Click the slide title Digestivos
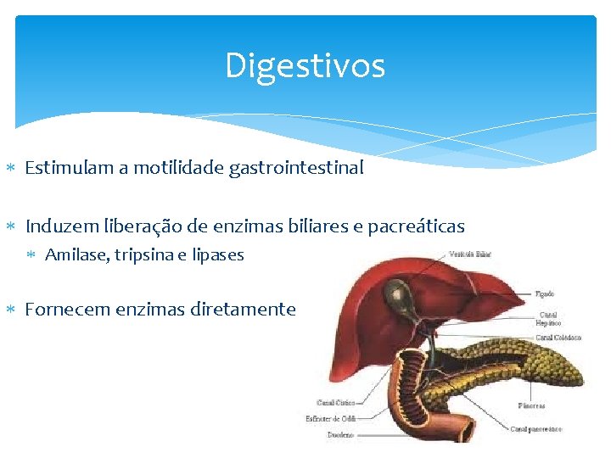pyautogui.click(x=305, y=66)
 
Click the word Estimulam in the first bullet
pyautogui.click(x=62, y=168)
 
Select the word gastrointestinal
pyautogui.click(x=296, y=168)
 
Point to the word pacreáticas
pyautogui.click(x=421, y=226)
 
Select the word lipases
pyautogui.click(x=218, y=254)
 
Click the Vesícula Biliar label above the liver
pyautogui.click(x=471, y=254)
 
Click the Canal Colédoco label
pyautogui.click(x=558, y=338)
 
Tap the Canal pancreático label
pyautogui.click(x=536, y=429)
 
